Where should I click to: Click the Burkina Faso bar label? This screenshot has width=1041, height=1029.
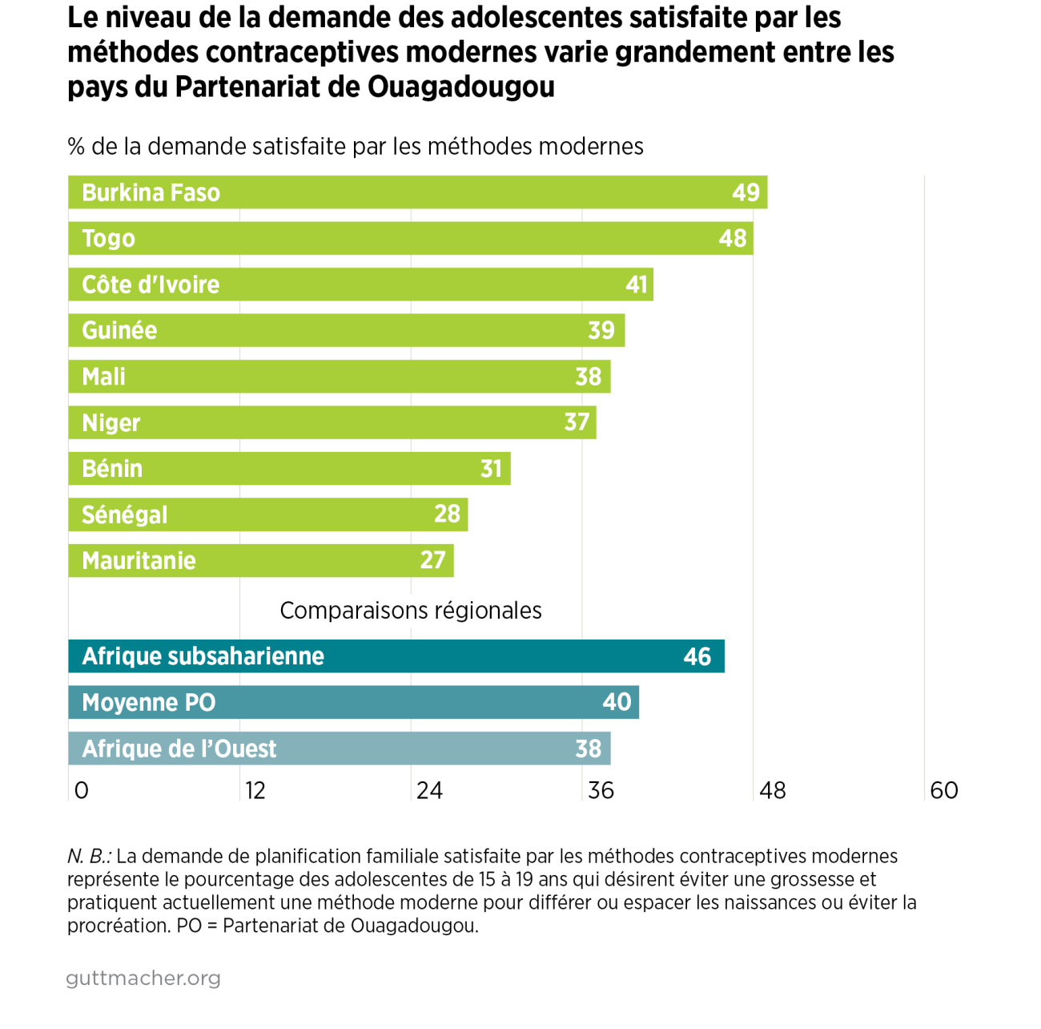(x=151, y=193)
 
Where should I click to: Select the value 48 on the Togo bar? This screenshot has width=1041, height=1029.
(x=732, y=239)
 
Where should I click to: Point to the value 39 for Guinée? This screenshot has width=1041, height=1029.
(x=601, y=330)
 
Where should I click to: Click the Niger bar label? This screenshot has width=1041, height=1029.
(x=111, y=423)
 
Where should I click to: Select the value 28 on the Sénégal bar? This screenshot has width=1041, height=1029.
(x=447, y=514)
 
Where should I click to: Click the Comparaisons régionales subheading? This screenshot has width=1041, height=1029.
(x=411, y=611)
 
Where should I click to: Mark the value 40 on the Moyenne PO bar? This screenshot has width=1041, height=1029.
(x=617, y=702)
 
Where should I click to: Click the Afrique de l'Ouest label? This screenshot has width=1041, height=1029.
(x=179, y=749)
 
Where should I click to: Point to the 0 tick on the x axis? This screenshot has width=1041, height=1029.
(x=81, y=791)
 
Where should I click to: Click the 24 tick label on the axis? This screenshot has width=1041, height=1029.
(x=429, y=791)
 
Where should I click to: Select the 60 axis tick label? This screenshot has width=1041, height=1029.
(x=944, y=791)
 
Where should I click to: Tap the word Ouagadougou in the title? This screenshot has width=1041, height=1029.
(x=461, y=87)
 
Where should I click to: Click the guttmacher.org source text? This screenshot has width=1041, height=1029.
(x=143, y=979)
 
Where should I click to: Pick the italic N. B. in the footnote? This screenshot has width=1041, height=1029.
(x=89, y=857)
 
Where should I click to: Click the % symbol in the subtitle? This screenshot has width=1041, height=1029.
(x=76, y=147)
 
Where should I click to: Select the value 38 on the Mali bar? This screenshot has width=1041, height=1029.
(x=588, y=377)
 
